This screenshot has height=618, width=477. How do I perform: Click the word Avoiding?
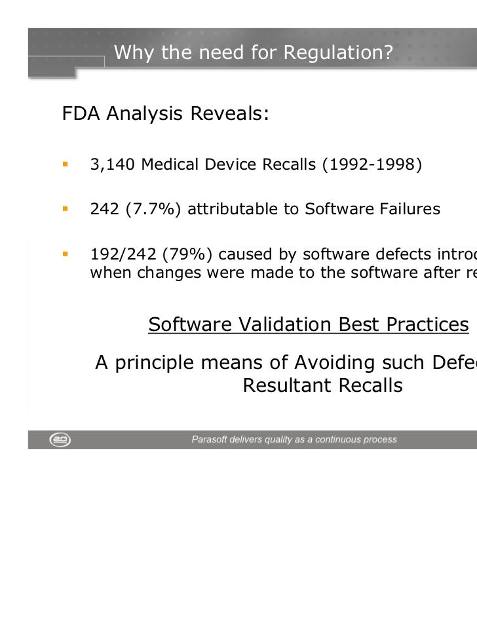pyautogui.click(x=352, y=362)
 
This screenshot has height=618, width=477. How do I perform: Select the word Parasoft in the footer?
pyautogui.click(x=210, y=440)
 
